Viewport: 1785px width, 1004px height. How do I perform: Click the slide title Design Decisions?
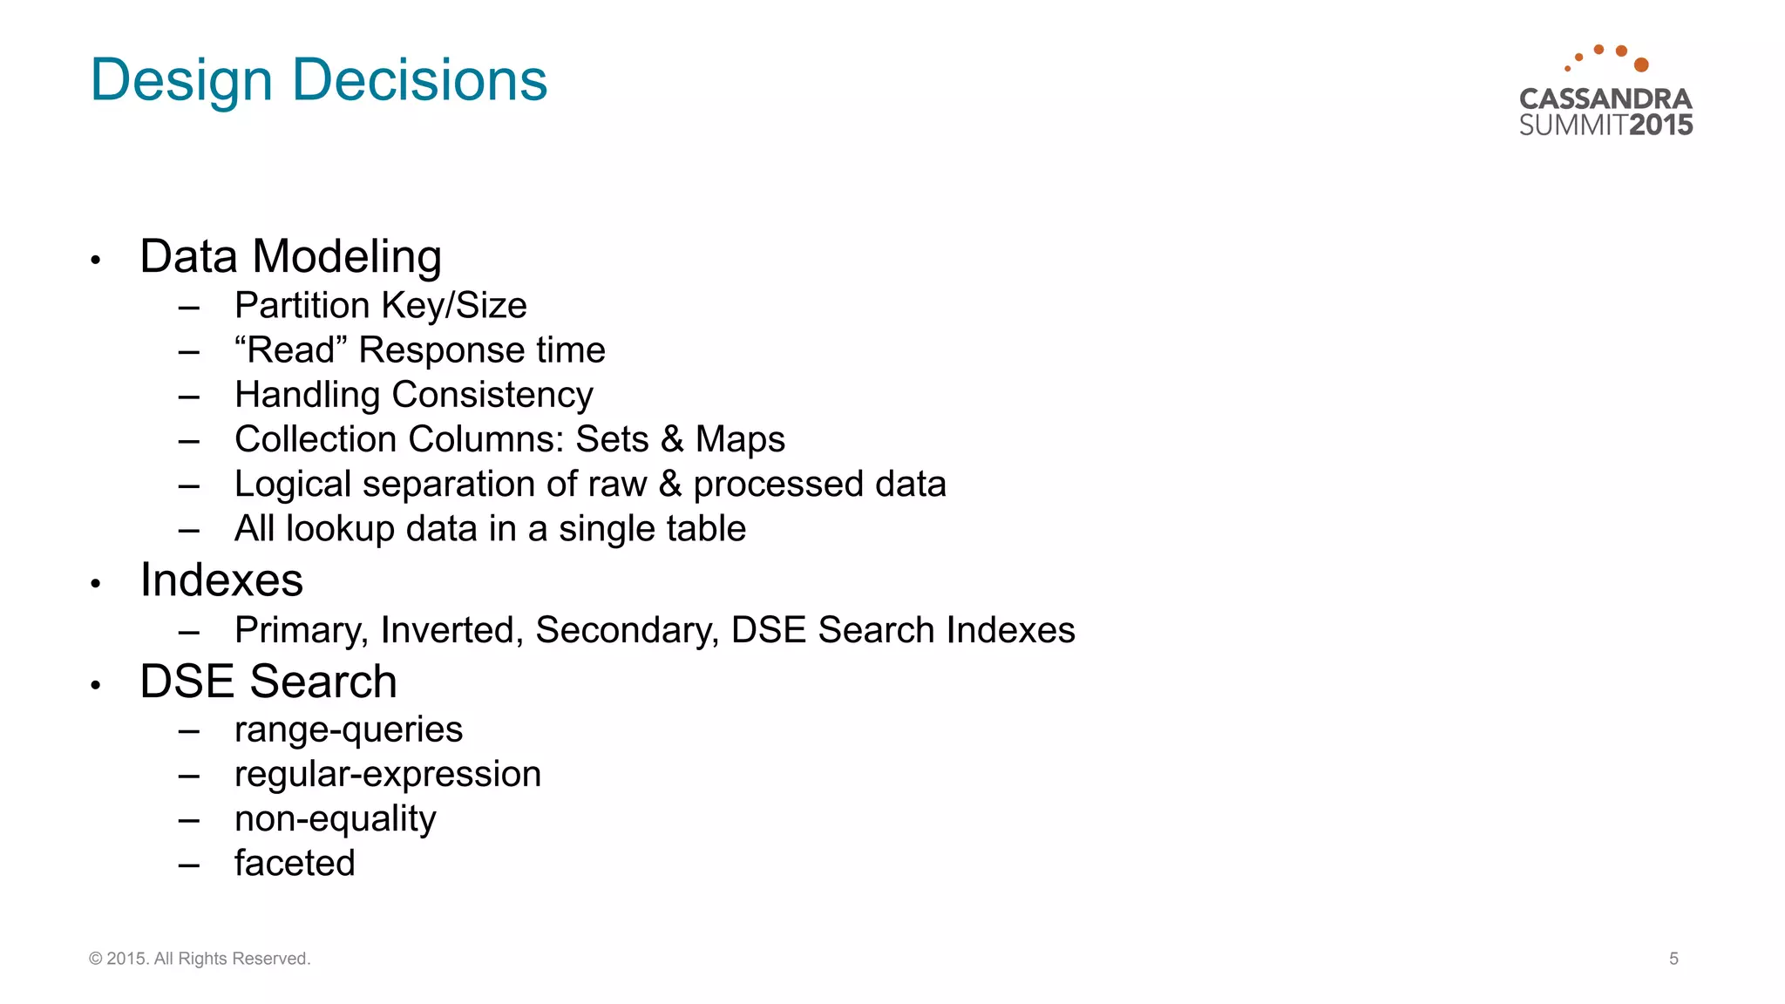[x=319, y=80]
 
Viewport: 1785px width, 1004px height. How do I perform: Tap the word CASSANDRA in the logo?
[x=1605, y=98]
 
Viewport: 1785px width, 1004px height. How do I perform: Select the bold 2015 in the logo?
[x=1660, y=125]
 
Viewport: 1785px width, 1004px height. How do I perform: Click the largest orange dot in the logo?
[x=1641, y=64]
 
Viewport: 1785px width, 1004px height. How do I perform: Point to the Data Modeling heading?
[x=290, y=257]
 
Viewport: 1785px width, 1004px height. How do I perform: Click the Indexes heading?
[x=221, y=580]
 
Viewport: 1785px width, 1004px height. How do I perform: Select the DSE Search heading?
[x=268, y=682]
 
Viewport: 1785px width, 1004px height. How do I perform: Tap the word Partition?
[x=302, y=306]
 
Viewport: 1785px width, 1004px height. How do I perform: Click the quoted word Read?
[x=291, y=350]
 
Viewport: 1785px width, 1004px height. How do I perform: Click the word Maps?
[x=740, y=439]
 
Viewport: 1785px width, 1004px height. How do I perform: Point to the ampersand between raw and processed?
[x=669, y=484]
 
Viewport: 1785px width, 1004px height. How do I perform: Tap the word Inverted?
[x=451, y=630]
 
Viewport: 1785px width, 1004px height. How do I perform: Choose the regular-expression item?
[x=388, y=775]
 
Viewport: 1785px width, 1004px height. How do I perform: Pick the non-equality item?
[x=336, y=819]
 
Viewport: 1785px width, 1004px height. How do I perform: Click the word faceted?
[x=295, y=864]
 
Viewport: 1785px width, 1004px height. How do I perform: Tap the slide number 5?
[x=1673, y=959]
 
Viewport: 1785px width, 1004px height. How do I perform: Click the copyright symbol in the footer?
[x=95, y=959]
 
